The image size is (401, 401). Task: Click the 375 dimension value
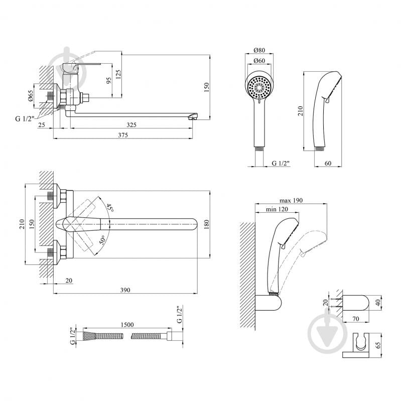[123, 135]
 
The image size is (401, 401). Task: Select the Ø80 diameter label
[259, 50]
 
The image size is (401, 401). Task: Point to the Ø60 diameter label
[259, 61]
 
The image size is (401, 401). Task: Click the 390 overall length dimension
[125, 290]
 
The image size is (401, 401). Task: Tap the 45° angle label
[110, 208]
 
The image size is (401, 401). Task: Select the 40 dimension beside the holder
[378, 303]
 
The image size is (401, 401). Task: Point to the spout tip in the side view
[192, 117]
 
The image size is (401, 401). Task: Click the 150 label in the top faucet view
[206, 87]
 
